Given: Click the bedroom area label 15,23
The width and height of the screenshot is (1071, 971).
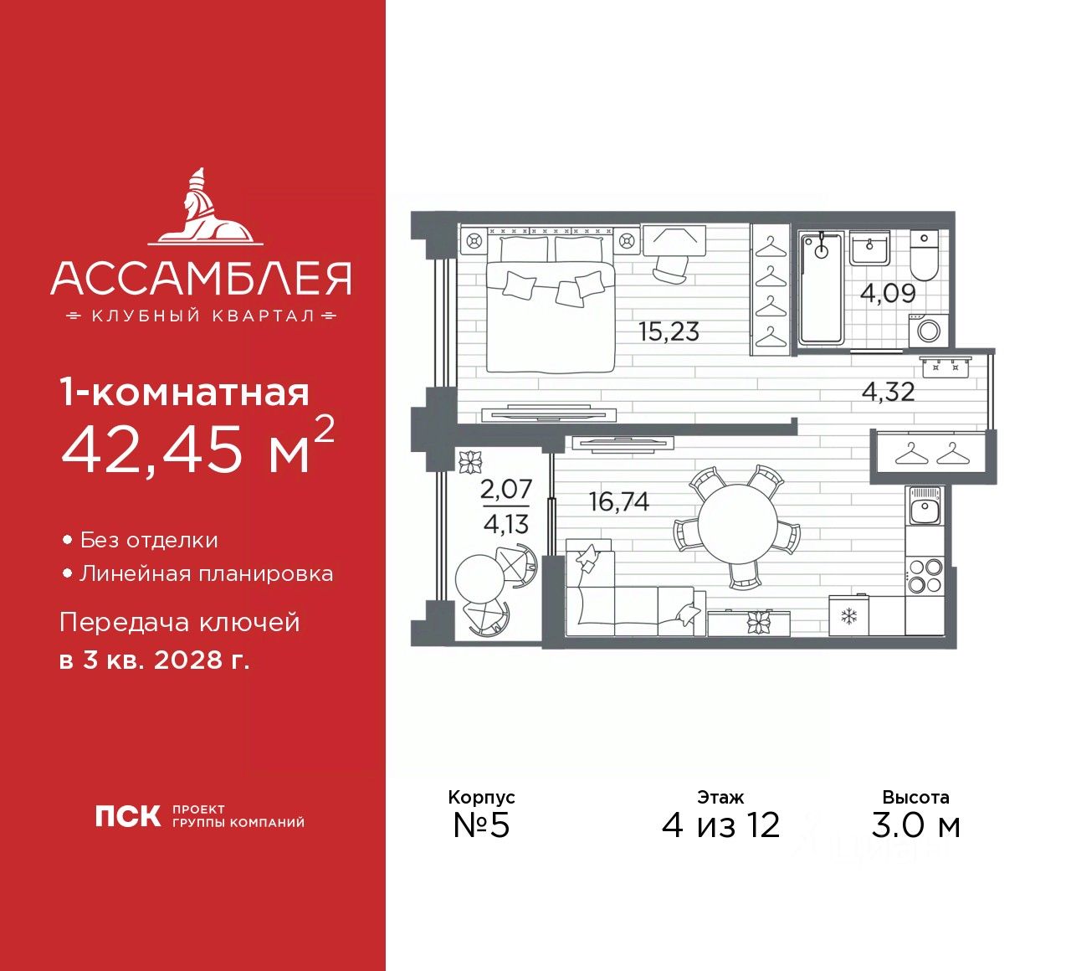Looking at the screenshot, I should [x=669, y=331].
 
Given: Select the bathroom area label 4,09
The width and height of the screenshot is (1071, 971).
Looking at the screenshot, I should [x=888, y=294].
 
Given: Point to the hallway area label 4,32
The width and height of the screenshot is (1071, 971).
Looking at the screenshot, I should [x=888, y=391].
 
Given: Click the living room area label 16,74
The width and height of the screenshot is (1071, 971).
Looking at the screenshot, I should [x=619, y=501].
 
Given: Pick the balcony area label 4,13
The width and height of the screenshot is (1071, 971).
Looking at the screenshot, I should [x=506, y=525].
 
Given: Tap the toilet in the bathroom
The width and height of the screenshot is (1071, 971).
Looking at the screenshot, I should [x=925, y=257].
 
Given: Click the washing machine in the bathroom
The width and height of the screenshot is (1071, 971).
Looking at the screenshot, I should [x=929, y=330].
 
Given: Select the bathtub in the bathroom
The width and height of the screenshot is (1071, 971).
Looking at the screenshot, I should [x=821, y=289].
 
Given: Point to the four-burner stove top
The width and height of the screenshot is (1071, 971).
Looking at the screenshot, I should [x=925, y=574].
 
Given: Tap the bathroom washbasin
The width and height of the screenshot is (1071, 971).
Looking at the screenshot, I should [x=870, y=247].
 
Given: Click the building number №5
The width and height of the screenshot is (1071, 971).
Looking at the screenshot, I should [x=481, y=825].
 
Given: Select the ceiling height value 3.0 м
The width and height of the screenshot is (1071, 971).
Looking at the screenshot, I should [x=915, y=825].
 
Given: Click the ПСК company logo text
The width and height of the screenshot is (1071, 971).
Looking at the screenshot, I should [x=127, y=816].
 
